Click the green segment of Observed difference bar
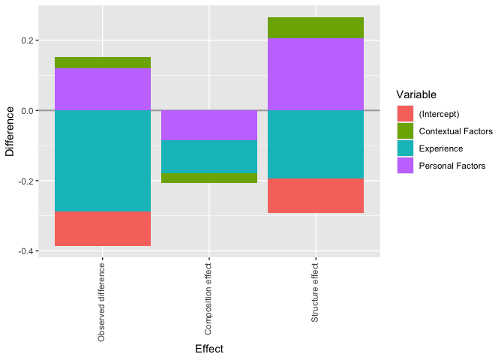[x=103, y=63]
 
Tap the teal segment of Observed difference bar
[x=103, y=160]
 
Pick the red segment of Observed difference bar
[x=103, y=229]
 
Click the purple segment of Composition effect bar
[x=209, y=125]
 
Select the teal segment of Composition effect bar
[x=209, y=157]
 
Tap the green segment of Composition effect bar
[x=209, y=178]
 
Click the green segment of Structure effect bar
[x=316, y=28]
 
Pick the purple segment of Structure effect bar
[x=316, y=74]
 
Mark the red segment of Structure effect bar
[x=316, y=196]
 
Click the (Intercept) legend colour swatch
[x=405, y=114]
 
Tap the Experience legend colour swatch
[x=405, y=148]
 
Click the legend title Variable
[x=416, y=95]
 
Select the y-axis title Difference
[x=10, y=131]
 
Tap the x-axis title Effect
[x=209, y=349]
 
